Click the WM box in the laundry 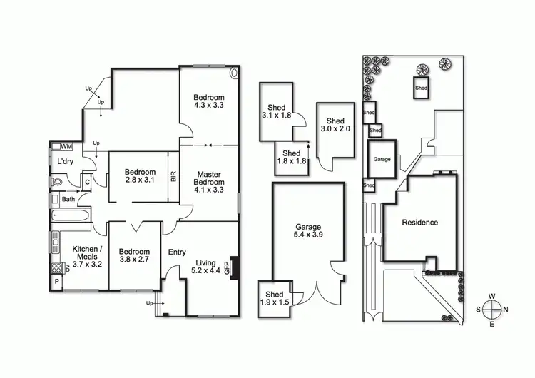click(66, 146)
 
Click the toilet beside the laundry click(57, 181)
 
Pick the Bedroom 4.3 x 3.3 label click(209, 101)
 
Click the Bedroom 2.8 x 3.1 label click(140, 176)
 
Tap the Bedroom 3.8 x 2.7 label click(134, 256)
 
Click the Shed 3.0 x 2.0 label click(335, 125)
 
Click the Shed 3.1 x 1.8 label click(276, 111)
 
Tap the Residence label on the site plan click(419, 222)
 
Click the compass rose click(492, 310)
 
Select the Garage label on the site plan click(382, 159)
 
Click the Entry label click(177, 252)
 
